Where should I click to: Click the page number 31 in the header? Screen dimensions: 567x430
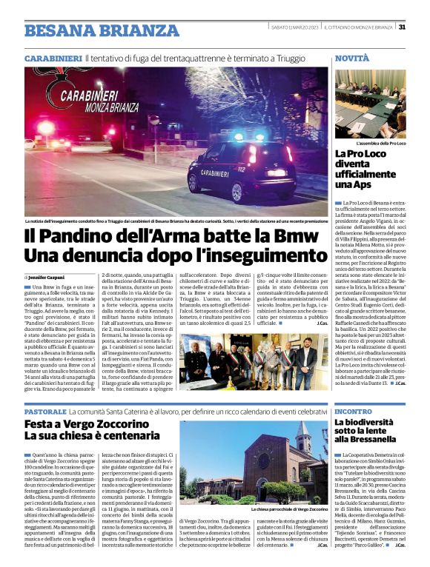(402, 27)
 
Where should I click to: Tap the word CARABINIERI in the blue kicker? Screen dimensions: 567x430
(52, 58)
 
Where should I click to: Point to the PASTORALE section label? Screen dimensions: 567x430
(46, 410)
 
